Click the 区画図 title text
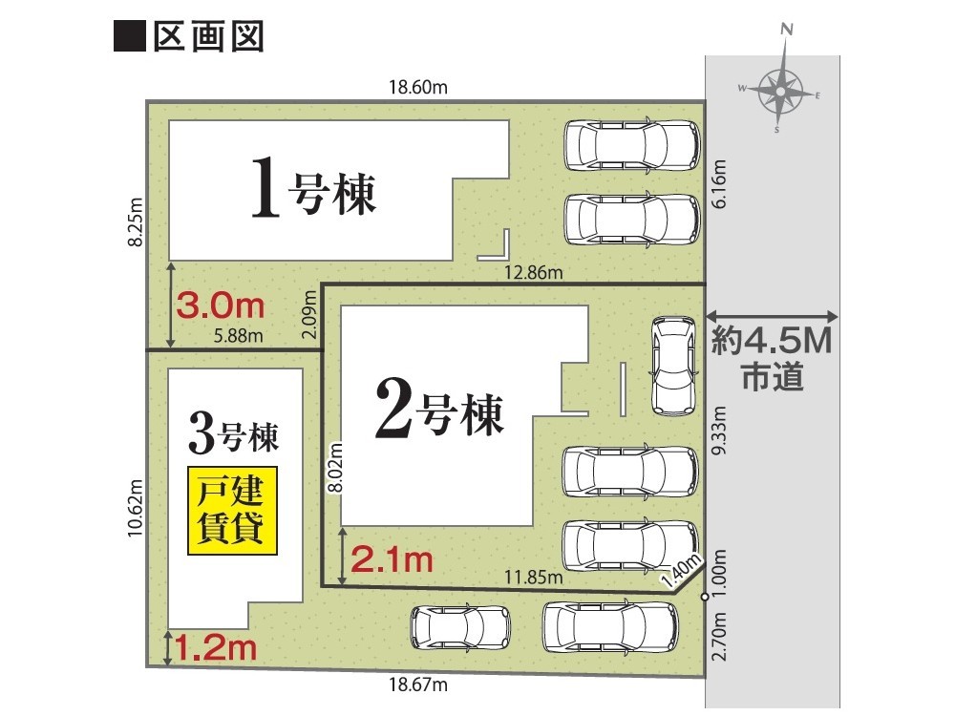click(208, 37)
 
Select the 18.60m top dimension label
click(418, 87)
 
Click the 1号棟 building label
click(314, 187)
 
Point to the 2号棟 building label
click(439, 408)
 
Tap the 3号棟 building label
click(234, 433)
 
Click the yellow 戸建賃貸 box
click(232, 510)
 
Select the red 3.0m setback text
click(221, 305)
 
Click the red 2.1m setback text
click(392, 559)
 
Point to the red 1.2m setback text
click(216, 647)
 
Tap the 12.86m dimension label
click(534, 272)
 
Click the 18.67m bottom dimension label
click(418, 684)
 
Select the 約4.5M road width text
click(772, 341)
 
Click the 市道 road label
click(773, 376)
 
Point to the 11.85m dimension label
click(534, 577)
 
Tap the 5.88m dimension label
click(238, 335)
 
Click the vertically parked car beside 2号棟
click(673, 366)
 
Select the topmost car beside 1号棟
click(632, 145)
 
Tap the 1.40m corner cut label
click(682, 571)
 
